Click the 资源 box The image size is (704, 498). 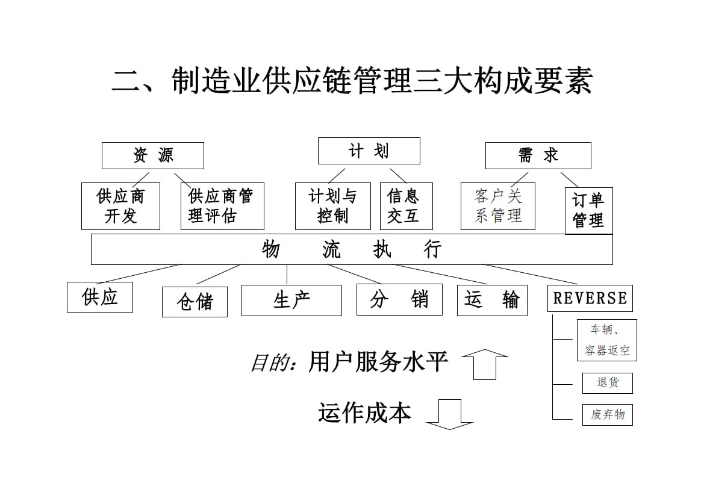[153, 155]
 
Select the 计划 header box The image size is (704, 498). [369, 151]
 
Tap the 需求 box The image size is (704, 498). [538, 155]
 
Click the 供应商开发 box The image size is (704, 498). [120, 206]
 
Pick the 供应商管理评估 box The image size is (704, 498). [222, 206]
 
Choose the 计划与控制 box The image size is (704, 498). [332, 206]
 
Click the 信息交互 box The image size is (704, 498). [406, 206]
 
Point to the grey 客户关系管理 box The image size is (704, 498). [498, 206]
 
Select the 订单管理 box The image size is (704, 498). [588, 210]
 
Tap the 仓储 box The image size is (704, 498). [195, 302]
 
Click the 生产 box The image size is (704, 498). [291, 300]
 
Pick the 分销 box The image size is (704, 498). [399, 299]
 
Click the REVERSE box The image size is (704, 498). [590, 298]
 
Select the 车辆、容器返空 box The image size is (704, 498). [606, 340]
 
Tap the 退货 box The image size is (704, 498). [607, 383]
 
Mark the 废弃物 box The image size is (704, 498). [607, 414]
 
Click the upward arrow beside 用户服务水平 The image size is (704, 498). [484, 364]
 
